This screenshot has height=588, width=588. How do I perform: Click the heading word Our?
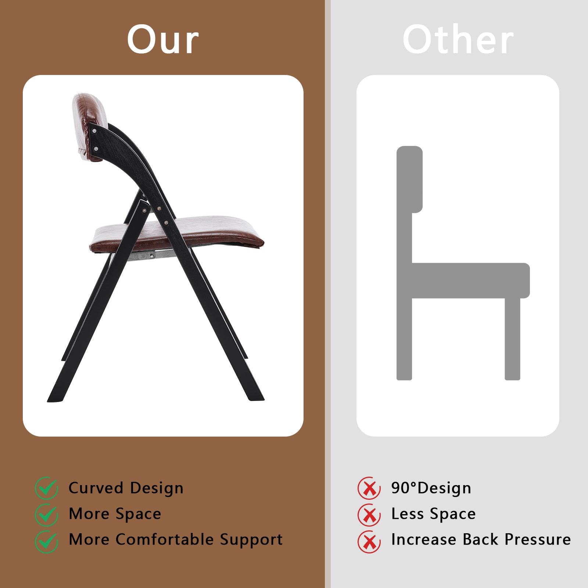(163, 39)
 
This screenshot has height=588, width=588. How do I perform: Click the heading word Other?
(458, 39)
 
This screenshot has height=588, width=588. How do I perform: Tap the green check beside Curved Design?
(47, 488)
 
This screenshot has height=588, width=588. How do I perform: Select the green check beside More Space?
(47, 514)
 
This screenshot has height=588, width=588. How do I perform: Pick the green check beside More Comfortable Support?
(47, 541)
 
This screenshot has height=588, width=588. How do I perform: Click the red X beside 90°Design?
(369, 488)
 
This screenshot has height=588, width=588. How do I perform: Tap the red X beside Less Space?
(369, 514)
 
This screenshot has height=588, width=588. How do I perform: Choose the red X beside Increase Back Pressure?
(369, 541)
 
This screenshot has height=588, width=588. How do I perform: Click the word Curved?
(96, 488)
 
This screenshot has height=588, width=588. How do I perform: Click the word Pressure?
(538, 539)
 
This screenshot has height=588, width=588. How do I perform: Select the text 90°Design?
(431, 488)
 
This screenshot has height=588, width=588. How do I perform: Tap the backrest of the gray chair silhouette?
(409, 179)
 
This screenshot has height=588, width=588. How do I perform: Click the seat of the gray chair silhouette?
(470, 280)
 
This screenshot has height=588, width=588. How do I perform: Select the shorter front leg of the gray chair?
(512, 339)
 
